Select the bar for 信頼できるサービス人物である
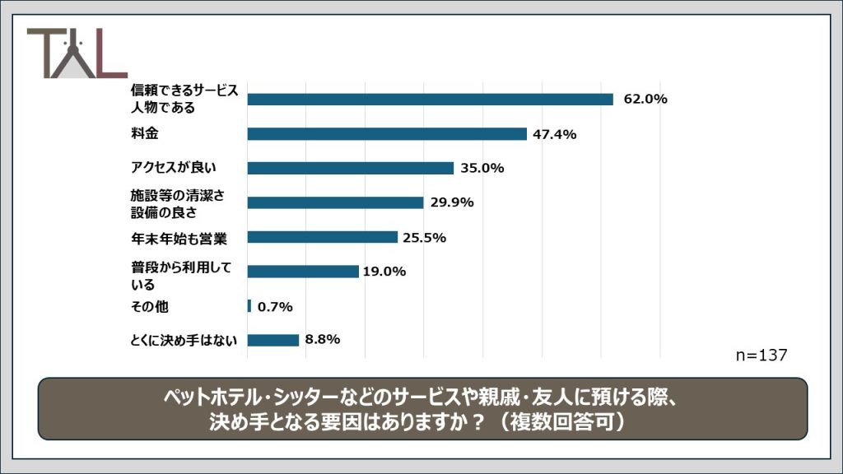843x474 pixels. tap(430, 100)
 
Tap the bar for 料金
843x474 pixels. tap(387, 134)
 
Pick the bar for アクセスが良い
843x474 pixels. tap(350, 168)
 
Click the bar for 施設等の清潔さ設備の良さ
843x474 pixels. tap(335, 202)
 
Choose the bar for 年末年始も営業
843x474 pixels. tap(322, 237)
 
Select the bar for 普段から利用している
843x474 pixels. tap(302, 272)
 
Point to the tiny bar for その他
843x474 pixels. tap(249, 306)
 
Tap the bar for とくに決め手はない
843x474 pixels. tap(272, 340)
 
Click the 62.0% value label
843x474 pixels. tap(645, 100)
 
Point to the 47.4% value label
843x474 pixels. tap(555, 134)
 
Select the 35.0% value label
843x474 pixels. tap(482, 169)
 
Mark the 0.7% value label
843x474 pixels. tap(275, 307)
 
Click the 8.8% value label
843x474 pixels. tap(323, 339)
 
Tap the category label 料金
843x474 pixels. tap(145, 133)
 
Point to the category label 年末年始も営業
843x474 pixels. tap(177, 238)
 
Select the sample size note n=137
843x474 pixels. tap(761, 355)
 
